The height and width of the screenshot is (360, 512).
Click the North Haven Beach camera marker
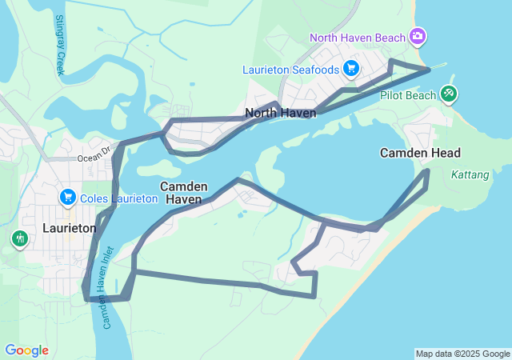coord(417,37)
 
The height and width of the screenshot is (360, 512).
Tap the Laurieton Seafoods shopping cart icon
coord(350,69)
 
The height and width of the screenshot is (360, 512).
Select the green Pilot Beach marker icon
coord(449,94)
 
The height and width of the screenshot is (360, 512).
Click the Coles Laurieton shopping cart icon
coord(67,198)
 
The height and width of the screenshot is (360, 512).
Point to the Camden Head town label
coord(420,153)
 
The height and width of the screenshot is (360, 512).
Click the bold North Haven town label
coord(281,113)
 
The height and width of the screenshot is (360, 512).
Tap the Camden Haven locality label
coord(184,192)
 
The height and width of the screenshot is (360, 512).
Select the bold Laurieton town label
coord(70,228)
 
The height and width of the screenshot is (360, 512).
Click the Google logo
coord(26,350)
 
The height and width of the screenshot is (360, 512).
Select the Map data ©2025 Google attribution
coord(462,354)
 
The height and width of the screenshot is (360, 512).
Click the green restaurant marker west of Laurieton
coord(19,238)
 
